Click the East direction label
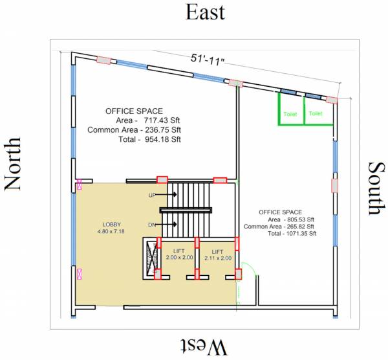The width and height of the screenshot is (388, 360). [205, 12]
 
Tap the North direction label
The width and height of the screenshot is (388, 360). [12, 164]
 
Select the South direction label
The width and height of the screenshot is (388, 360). [377, 188]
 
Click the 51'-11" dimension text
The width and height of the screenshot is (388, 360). [207, 60]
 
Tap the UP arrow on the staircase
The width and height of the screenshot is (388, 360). [166, 194]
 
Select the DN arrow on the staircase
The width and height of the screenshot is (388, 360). [166, 225]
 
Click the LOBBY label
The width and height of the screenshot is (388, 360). [112, 225]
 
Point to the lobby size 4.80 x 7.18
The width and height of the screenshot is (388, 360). [111, 231]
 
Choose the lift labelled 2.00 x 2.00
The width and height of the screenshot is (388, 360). [179, 254]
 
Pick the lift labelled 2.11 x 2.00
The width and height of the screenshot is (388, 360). [218, 255]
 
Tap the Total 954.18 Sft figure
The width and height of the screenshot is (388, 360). [150, 139]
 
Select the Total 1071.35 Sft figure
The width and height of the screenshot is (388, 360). [292, 233]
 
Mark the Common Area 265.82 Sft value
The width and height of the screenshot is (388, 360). [279, 227]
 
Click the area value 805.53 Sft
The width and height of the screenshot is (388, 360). [299, 219]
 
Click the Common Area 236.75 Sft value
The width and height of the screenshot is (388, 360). [135, 130]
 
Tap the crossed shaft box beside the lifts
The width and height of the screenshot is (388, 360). [151, 258]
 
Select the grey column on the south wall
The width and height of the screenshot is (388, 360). [334, 186]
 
